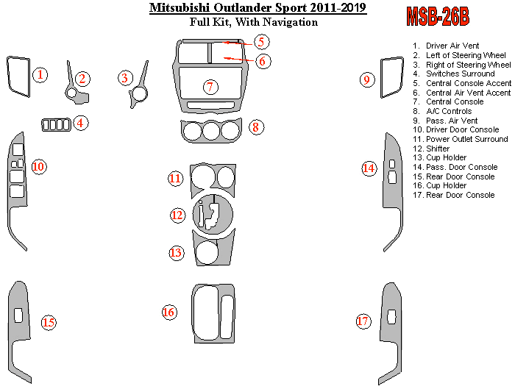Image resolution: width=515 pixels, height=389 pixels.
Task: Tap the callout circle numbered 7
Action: pyautogui.click(x=210, y=88)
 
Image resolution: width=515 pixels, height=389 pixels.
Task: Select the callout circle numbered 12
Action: pyautogui.click(x=177, y=215)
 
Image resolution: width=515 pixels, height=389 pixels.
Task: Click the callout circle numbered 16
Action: pyautogui.click(x=169, y=313)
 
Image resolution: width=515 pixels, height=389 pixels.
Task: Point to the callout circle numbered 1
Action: pyautogui.click(x=41, y=74)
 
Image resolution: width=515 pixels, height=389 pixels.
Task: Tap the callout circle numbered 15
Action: pyautogui.click(x=49, y=322)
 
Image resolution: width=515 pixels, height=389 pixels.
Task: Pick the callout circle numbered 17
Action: pyautogui.click(x=363, y=321)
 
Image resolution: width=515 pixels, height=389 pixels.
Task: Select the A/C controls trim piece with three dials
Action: pyautogui.click(x=211, y=131)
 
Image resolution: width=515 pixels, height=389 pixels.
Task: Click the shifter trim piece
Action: pyautogui.click(x=213, y=213)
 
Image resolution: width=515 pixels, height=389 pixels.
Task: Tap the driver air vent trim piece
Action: pyautogui.click(x=18, y=75)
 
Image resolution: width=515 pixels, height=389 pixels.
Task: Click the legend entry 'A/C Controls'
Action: pyautogui.click(x=444, y=111)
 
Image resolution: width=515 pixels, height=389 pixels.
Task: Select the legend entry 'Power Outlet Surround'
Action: pyautogui.click(x=466, y=139)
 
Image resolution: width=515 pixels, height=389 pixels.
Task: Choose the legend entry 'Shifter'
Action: pyautogui.click(x=437, y=149)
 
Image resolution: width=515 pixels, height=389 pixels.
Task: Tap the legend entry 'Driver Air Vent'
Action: pyautogui.click(x=452, y=46)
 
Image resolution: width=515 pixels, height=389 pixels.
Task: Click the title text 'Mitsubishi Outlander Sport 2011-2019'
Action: pyautogui.click(x=257, y=8)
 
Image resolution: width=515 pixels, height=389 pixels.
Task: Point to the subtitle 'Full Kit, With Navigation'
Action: pyautogui.click(x=254, y=22)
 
